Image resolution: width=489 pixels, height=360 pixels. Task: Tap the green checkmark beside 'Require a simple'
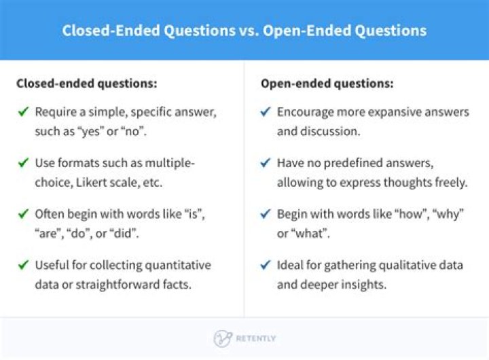23,112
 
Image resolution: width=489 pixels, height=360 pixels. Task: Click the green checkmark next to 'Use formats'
23,163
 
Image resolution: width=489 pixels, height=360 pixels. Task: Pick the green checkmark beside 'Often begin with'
23,214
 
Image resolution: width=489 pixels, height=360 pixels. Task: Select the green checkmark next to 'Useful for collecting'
23,265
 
